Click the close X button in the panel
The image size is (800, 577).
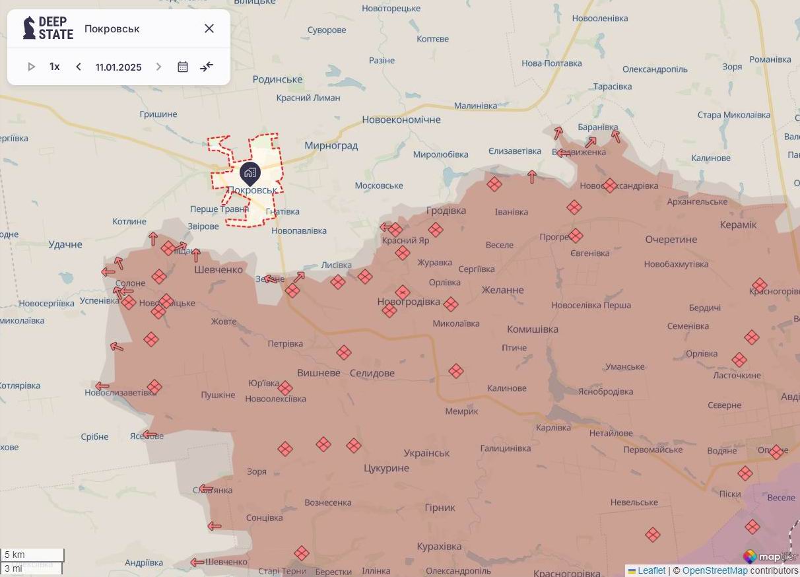point(209,28)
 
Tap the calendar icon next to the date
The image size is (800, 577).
point(183,67)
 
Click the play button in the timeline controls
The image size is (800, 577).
point(31,67)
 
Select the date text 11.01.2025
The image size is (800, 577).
point(118,67)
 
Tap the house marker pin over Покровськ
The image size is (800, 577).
point(250,173)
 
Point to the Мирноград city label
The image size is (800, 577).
point(331,145)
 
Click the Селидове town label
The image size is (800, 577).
point(372,373)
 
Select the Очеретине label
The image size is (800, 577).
point(671,239)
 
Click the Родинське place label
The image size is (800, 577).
point(277,79)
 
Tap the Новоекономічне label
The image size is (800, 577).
point(401,119)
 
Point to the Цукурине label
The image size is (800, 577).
point(386,468)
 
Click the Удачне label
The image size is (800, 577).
point(65,244)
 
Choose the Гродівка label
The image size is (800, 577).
point(446,211)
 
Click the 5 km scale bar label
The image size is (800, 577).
point(15,555)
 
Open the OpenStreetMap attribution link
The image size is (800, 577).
point(715,570)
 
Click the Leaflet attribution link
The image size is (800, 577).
point(651,570)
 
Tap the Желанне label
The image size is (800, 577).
point(502,290)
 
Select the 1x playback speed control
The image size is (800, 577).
point(55,67)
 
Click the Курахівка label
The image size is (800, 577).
point(439,547)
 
